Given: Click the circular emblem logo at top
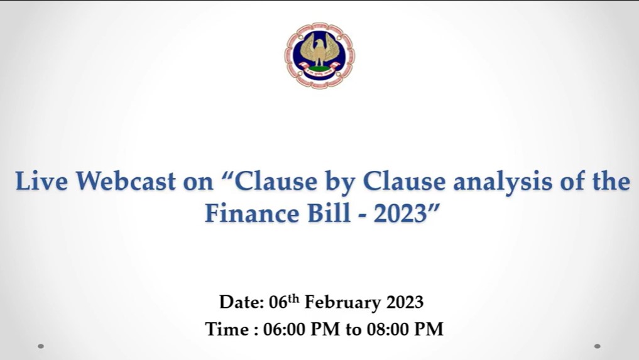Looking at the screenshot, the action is pos(320,56).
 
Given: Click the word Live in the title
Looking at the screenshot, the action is pos(41,181).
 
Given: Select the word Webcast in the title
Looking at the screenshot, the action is pos(126,181).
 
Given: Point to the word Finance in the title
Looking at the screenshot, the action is pos(252,213).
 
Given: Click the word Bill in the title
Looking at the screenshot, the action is pos(329,213).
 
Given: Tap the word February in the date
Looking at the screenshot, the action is pos(342,303).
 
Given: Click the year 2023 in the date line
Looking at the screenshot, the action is pos(405,303).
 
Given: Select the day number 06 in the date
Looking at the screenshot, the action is pos(278,303).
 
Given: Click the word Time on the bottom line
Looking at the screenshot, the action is pos(227,329).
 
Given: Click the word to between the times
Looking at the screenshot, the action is pos(353,330).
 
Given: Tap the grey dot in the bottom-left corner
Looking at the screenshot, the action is pos(41,346).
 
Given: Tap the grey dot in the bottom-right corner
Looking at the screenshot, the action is pos(598,346).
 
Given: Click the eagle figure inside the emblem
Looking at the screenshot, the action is pos(320,50).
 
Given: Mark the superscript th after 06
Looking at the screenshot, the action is pos(293,299).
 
